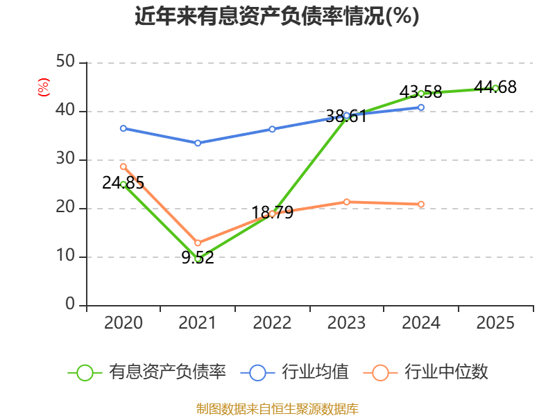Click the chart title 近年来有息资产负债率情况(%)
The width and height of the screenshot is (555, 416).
coord(277,16)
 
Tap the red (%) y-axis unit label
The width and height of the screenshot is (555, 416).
coord(43,87)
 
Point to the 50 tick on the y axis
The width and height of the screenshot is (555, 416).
coord(65,62)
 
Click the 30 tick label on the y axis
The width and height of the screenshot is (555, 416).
coord(65,159)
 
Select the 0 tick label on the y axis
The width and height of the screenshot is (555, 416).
coord(70,304)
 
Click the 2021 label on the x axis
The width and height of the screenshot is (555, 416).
coord(197,322)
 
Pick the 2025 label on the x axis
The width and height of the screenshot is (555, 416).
coord(495,322)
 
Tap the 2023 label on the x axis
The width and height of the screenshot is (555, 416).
coord(346,322)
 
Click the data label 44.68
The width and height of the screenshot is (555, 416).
coord(495,87)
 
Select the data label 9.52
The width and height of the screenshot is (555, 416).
coord(198,257)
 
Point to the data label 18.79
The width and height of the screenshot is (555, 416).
coord(272,213)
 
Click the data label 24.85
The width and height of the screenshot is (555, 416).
coord(123,183)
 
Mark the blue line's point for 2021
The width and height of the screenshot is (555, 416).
coord(198,143)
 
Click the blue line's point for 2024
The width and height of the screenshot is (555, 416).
coord(421,107)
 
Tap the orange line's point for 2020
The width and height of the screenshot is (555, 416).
coord(123,166)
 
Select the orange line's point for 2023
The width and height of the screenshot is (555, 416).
coord(346,202)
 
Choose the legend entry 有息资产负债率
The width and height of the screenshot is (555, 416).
coord(146,372)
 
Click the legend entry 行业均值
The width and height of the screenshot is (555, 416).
coord(294,372)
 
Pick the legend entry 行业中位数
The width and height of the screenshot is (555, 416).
coord(426,372)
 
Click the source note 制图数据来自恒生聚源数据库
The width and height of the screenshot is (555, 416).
coord(277,409)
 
